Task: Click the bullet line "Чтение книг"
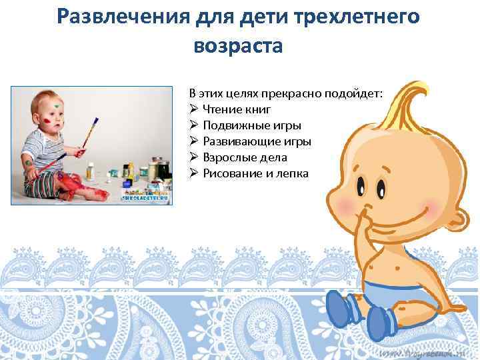(237, 109)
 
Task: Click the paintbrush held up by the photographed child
(89, 133)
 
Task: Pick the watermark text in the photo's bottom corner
(145, 197)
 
